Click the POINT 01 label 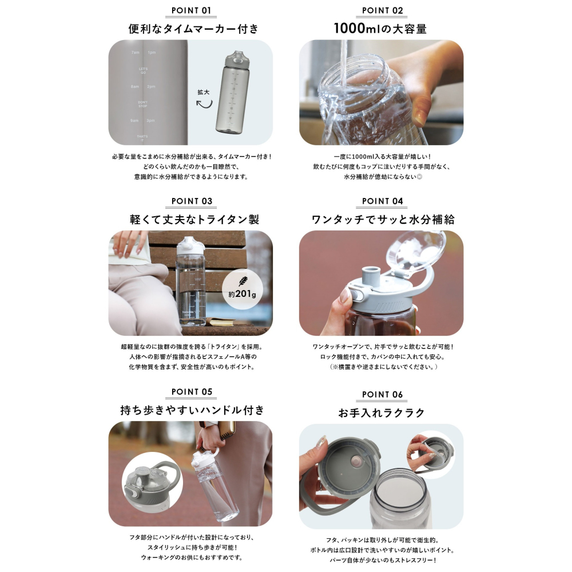coord(191,10)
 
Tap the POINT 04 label coord(382,201)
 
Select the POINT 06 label coord(382,394)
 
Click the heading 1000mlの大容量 coord(381,29)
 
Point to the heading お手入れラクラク coord(381,412)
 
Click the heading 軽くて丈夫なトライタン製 coord(190,219)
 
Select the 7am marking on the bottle coord(135,53)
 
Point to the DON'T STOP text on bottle coord(143,104)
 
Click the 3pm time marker coord(151,121)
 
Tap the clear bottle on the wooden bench coord(191,283)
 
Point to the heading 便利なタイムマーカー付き coord(190,29)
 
